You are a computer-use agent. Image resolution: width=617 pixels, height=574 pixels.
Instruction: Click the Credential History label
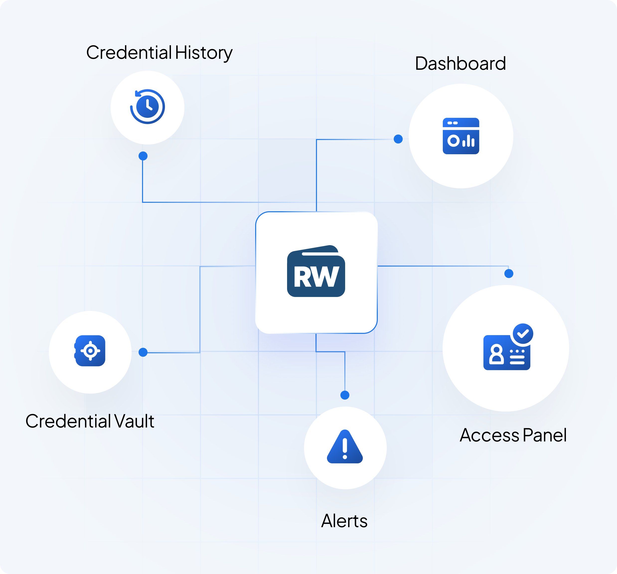159,53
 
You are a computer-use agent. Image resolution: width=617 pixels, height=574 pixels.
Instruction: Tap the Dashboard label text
460,64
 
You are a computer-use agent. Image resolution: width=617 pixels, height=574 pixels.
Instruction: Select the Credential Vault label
90,421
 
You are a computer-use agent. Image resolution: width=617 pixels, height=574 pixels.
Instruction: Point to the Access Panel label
513,435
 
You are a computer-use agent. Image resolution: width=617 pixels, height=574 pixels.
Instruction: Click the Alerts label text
344,521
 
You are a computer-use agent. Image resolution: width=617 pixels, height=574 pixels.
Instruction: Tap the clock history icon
148,106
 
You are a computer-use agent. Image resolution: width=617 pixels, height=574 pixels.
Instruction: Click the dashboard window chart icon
461,136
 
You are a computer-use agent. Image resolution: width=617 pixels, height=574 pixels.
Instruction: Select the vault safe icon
90,351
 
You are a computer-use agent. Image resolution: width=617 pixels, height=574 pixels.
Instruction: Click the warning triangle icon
345,447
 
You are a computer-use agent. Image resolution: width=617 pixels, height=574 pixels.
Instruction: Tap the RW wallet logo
316,271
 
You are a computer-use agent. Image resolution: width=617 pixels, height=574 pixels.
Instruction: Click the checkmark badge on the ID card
523,334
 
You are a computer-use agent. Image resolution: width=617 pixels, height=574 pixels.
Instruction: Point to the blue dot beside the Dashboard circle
398,139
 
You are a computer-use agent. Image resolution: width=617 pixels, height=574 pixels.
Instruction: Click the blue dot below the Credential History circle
143,156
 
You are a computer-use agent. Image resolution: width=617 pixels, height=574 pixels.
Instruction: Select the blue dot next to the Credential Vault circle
143,352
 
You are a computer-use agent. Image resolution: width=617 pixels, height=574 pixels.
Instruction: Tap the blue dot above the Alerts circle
345,395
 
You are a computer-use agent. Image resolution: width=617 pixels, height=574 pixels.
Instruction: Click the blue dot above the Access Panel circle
509,273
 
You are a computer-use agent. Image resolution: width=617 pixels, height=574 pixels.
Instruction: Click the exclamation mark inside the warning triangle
345,448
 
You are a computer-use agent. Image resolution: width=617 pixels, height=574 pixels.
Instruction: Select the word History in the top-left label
204,53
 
